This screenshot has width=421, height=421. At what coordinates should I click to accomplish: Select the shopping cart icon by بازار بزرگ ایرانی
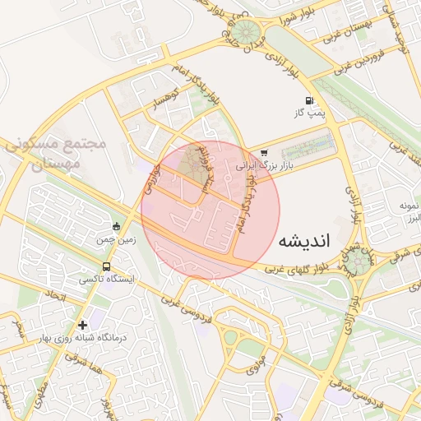tap(264, 152)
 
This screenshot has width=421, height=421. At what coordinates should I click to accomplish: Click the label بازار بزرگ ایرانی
tap(267, 165)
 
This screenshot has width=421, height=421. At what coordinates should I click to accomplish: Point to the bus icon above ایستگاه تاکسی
tap(106, 266)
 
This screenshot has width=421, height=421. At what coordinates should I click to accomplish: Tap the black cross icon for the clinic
tap(82, 325)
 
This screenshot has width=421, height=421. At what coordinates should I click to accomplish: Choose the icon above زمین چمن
tap(116, 227)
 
